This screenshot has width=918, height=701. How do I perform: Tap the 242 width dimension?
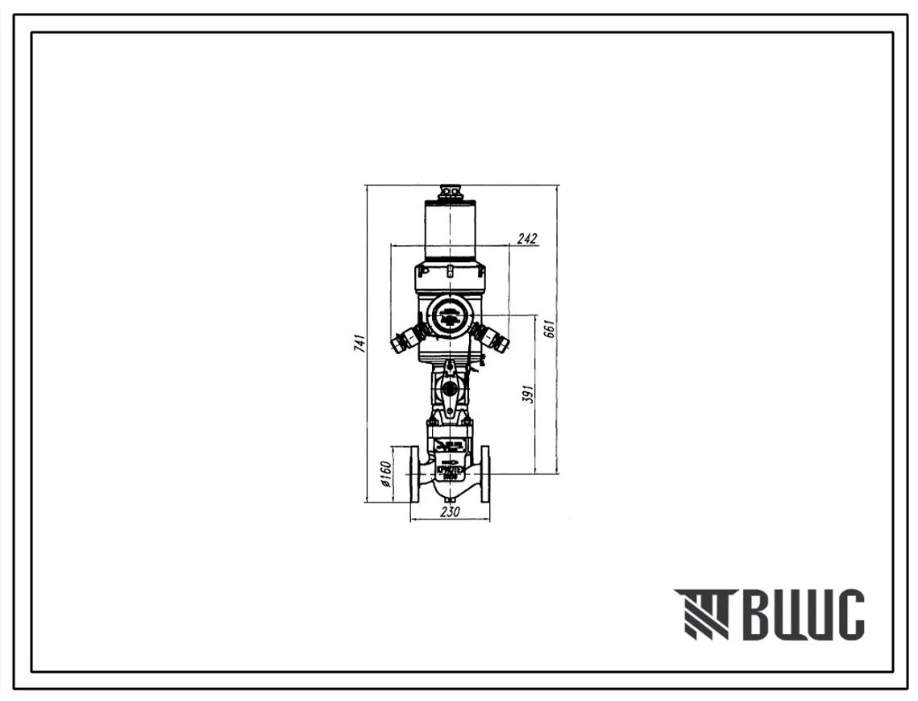527,238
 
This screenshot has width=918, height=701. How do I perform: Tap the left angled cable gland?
405,338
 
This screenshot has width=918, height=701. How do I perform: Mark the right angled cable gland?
492,337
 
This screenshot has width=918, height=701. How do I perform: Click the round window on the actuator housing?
449,315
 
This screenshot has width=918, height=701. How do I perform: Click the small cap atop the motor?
449,192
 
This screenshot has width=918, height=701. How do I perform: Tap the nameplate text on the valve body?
449,470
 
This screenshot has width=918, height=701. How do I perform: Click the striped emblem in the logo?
701,614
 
